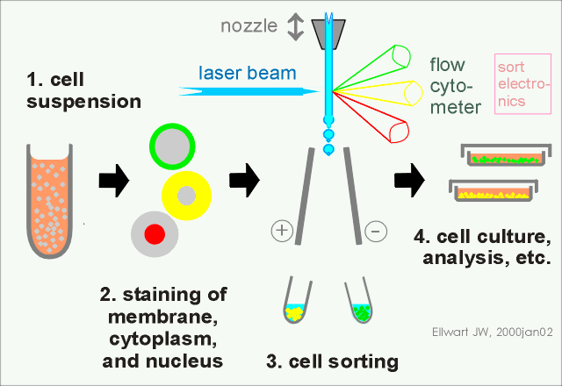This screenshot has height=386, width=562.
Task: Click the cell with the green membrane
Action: tap(174, 145)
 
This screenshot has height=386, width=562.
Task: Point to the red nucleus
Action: tap(155, 233)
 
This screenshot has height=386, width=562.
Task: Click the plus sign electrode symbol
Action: tap(281, 232)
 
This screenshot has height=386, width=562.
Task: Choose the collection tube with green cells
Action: tap(360, 304)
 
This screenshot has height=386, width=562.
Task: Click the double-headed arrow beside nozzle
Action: tap(296, 27)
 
